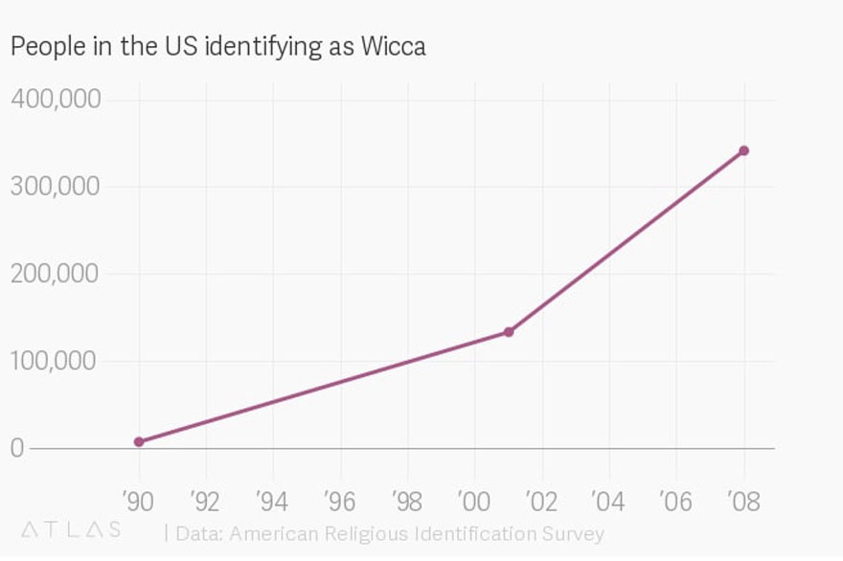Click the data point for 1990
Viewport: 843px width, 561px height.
pos(139,441)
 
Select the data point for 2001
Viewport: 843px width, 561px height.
pos(509,332)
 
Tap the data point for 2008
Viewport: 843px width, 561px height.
pos(743,150)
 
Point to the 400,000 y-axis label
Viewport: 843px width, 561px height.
pos(56,99)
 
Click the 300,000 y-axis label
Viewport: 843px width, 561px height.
pos(56,186)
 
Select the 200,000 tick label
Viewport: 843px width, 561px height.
pos(56,273)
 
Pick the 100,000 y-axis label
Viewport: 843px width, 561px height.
pos(56,360)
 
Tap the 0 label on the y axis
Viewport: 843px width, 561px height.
pos(17,448)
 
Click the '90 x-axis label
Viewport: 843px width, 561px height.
pos(137,500)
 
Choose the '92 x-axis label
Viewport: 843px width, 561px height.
pos(204,500)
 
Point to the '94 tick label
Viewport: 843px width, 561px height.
pos(272,500)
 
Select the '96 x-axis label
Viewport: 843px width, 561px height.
pos(339,500)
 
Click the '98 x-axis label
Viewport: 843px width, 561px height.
pos(406,500)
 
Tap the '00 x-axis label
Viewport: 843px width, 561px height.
pos(474,500)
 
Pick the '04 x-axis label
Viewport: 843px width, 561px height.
pos(608,500)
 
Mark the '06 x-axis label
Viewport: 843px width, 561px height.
pos(675,500)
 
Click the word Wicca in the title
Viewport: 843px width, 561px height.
pos(393,46)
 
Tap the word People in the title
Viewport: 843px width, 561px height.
pos(41,46)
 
